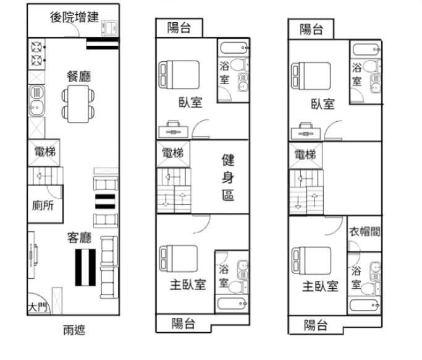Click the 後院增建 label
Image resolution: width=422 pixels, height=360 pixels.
[74, 17]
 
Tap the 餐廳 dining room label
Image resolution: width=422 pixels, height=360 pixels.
[79, 76]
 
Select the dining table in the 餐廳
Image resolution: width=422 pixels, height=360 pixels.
[78, 104]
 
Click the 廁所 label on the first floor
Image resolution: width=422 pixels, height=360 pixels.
[43, 205]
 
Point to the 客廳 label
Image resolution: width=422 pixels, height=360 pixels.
[79, 238]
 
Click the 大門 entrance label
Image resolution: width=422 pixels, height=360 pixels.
[38, 307]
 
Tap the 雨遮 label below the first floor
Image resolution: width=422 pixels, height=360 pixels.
[74, 330]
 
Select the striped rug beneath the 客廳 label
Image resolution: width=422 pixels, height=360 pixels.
[85, 267]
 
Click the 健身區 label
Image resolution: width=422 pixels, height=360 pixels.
[228, 178]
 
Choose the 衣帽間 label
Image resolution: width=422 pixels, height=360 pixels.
[365, 231]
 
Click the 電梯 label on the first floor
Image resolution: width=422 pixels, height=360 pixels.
[45, 152]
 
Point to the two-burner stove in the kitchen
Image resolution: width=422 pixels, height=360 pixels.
[36, 54]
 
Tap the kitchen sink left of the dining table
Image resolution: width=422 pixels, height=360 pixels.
[36, 101]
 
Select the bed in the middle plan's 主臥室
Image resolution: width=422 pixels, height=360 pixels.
[179, 259]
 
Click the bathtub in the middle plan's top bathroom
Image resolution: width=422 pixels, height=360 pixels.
[234, 48]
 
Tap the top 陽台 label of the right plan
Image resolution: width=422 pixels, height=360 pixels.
[311, 29]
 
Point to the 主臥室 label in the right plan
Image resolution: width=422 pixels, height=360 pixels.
[320, 286]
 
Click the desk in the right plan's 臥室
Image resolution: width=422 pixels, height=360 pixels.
[306, 131]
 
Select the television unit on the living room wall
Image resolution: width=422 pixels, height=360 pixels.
[32, 255]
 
